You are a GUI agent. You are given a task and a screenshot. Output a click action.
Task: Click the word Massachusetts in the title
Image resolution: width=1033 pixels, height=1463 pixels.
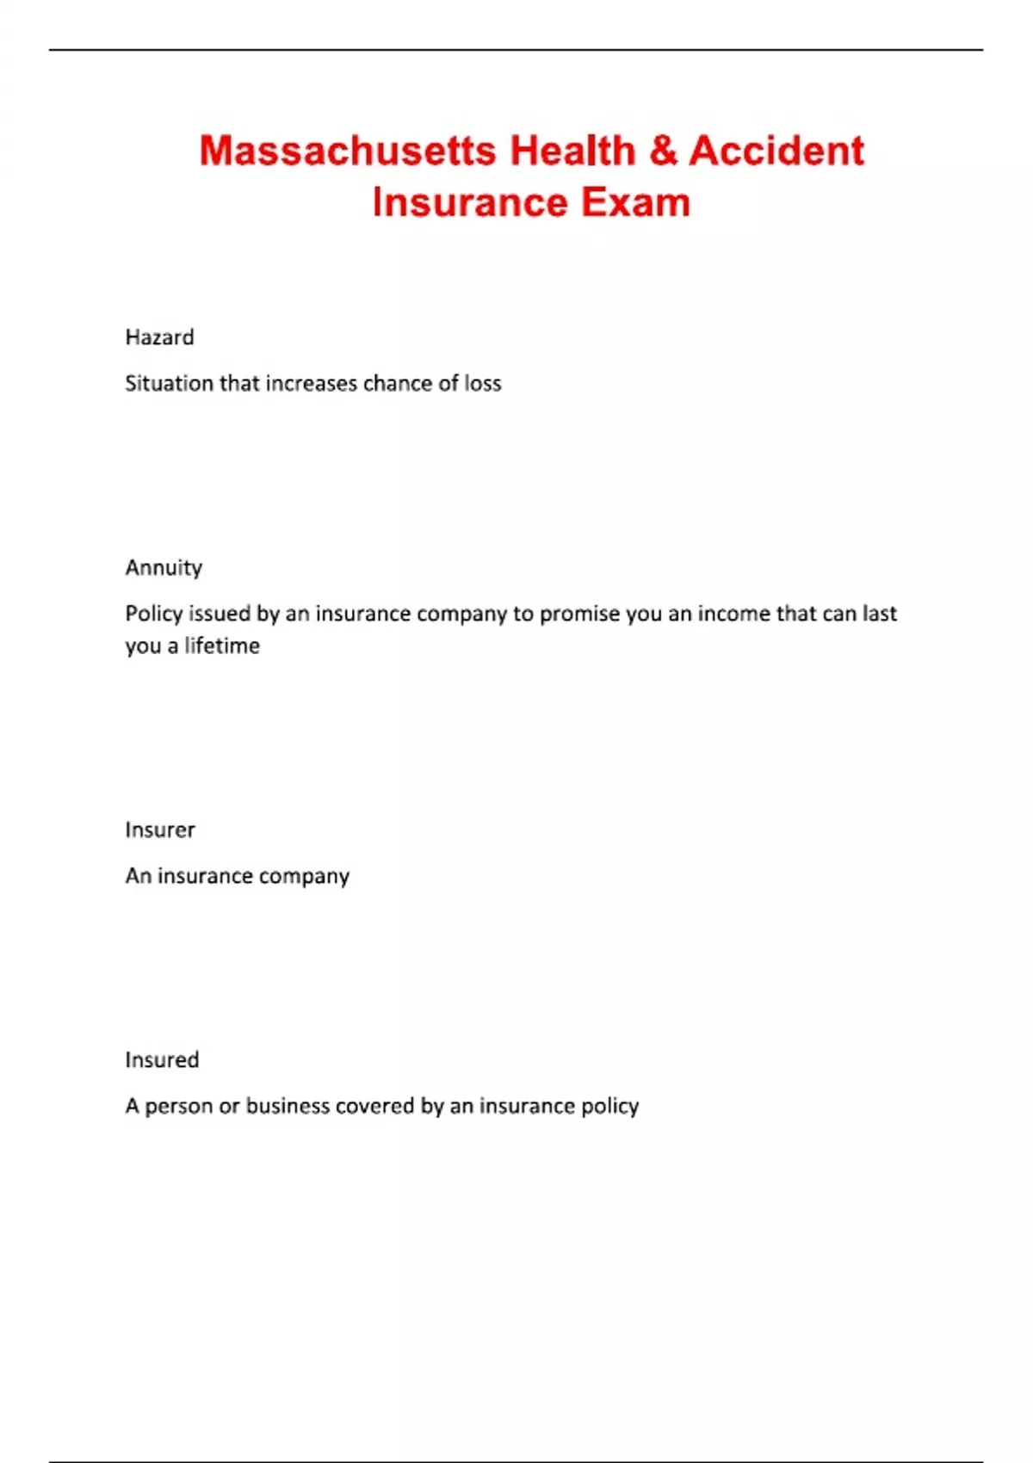click(x=348, y=151)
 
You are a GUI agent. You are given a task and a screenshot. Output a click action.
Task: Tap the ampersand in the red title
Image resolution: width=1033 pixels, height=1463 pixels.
click(x=663, y=151)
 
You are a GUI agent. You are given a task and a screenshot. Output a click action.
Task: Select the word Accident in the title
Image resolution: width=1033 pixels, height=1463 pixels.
click(x=776, y=151)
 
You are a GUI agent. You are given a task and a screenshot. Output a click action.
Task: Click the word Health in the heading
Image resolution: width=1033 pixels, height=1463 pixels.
click(x=572, y=151)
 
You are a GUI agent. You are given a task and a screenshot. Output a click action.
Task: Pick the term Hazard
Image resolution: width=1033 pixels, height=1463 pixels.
click(x=159, y=337)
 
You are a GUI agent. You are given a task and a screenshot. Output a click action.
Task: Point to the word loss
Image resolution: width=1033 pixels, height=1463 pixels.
click(x=483, y=383)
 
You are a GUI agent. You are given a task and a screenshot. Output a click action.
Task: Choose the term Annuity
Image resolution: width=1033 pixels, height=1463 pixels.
click(x=164, y=568)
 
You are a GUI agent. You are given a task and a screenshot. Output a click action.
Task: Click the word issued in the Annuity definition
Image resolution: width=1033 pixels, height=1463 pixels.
click(x=220, y=614)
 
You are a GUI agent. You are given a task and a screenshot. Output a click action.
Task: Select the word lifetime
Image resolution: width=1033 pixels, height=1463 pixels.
click(x=222, y=645)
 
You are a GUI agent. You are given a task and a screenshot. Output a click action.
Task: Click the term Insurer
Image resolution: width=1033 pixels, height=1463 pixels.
click(x=160, y=830)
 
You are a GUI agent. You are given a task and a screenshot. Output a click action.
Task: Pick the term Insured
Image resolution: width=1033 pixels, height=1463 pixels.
click(x=162, y=1059)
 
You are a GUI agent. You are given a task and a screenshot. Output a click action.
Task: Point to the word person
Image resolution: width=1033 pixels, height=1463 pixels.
click(x=178, y=1106)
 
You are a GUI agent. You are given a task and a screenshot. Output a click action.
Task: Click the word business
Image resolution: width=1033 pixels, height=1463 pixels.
click(x=288, y=1106)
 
